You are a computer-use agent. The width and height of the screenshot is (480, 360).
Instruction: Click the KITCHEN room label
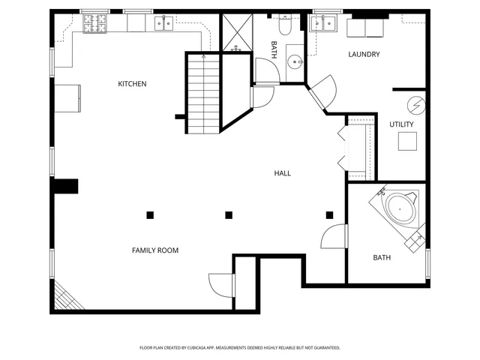coord(132,84)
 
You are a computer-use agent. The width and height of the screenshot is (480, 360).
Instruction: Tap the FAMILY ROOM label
coord(155,250)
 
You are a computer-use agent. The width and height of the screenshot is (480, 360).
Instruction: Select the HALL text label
coord(282,173)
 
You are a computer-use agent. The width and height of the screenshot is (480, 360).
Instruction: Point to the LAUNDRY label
coord(364,55)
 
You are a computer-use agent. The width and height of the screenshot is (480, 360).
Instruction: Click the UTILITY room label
coord(401,124)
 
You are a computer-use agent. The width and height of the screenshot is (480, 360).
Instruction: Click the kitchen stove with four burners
coord(94,24)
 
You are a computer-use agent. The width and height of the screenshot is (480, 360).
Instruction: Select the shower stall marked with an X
coord(236,32)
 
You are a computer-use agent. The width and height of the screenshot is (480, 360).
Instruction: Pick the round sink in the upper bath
coord(294,62)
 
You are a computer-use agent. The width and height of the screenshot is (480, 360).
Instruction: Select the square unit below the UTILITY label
coord(407,141)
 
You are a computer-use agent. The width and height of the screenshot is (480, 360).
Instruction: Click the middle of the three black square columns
coord(229,215)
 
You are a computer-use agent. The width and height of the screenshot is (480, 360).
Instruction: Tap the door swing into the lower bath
coord(334,236)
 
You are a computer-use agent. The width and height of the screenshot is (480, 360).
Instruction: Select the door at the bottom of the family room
coord(222,286)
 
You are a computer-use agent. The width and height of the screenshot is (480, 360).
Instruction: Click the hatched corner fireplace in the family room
coord(64,298)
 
